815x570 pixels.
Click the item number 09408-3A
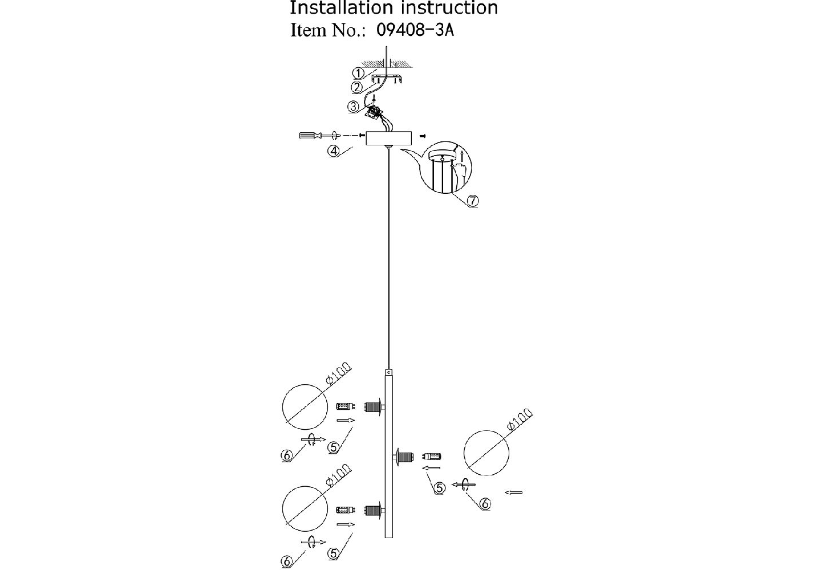tap(415, 30)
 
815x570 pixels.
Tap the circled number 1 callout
tap(358, 73)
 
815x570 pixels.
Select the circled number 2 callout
tap(357, 87)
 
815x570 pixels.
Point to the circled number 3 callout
tap(354, 106)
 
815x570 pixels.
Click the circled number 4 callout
tap(334, 150)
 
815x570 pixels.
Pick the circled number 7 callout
tap(472, 201)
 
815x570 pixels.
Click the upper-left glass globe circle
tap(306, 406)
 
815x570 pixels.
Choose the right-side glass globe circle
tap(487, 454)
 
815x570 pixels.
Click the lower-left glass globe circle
tap(306, 508)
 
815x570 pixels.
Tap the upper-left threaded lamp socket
tap(374, 406)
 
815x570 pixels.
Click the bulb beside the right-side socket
tap(432, 456)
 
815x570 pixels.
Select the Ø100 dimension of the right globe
tap(518, 421)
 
